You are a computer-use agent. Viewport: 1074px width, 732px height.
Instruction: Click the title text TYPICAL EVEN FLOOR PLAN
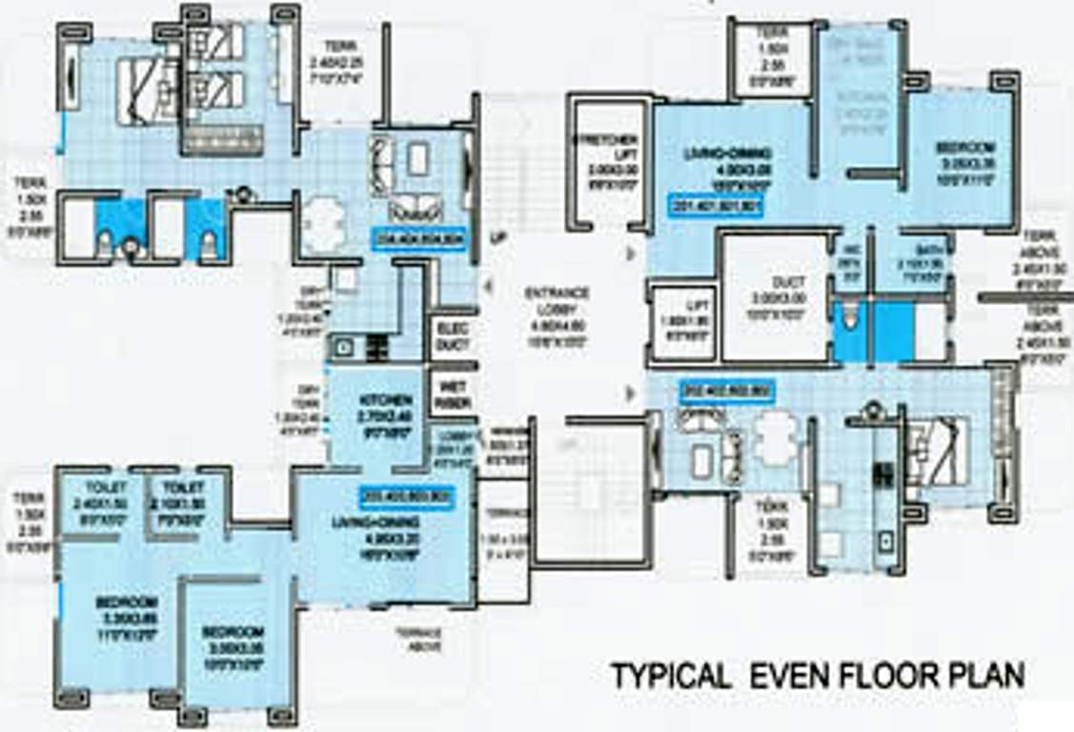(x=818, y=676)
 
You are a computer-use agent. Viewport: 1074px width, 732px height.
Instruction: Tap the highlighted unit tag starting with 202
(x=727, y=390)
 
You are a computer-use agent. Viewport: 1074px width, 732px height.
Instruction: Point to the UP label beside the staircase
(x=496, y=236)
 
